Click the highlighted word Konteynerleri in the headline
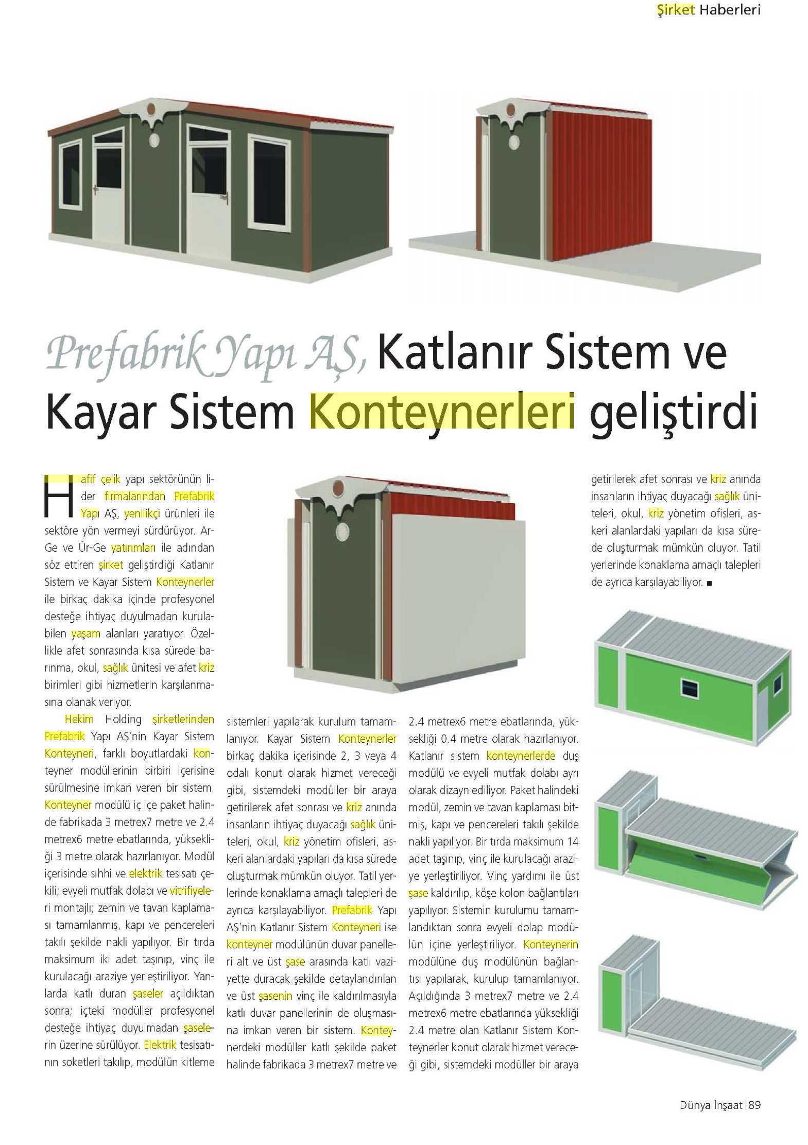tap(442, 411)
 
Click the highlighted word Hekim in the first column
tap(79, 720)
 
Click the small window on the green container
tap(688, 687)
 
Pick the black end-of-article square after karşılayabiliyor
tap(710, 583)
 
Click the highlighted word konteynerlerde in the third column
tap(521, 756)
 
